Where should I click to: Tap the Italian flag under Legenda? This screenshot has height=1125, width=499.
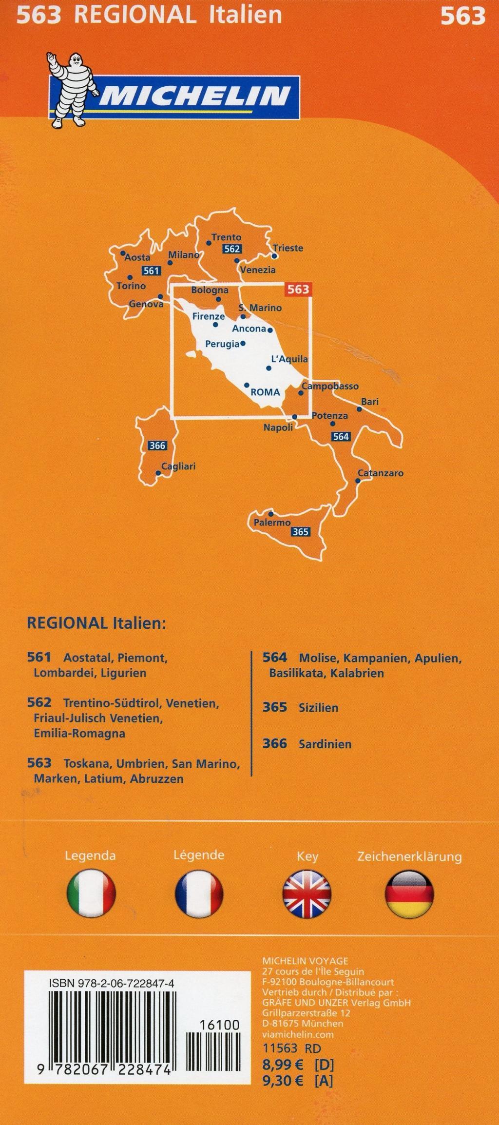91,894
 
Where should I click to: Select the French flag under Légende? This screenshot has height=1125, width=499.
199,894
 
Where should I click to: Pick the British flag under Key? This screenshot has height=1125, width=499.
307,894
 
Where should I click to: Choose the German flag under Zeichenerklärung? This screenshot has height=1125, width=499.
409,894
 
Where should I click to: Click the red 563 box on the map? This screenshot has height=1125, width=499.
298,289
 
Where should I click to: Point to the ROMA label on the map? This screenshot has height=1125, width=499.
265,392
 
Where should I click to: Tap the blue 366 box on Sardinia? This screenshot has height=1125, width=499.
157,445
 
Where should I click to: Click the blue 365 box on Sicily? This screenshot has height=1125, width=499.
300,532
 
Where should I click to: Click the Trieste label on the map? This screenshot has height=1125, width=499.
288,248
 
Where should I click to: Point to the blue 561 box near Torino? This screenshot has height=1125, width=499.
151,271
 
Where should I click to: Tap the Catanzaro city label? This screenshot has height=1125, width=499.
380,473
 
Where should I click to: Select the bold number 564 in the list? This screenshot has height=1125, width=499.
274,658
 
